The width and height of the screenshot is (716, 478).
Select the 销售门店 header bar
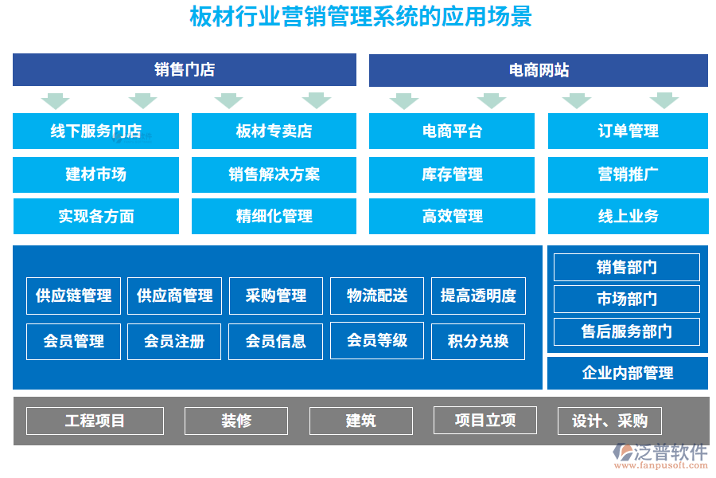point(185,70)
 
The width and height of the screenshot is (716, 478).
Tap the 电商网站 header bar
point(539,70)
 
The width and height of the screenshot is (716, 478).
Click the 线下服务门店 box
point(96,131)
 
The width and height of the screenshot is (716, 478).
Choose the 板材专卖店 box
point(274,131)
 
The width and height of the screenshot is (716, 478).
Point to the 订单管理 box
point(628,131)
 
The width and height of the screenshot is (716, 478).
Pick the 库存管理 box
point(452,174)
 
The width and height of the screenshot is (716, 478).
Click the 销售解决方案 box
point(274,174)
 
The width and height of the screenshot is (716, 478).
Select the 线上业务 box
point(628,216)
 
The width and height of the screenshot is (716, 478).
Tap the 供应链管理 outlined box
point(74,296)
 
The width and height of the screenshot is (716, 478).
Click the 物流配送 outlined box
point(377,296)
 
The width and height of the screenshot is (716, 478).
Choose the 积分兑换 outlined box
point(478,341)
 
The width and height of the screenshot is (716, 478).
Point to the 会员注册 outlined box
point(174,341)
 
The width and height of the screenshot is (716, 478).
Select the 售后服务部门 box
point(627,331)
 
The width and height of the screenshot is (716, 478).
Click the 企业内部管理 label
point(628,373)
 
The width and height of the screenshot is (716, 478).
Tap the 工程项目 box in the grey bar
point(95,421)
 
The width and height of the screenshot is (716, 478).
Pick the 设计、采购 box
point(610,421)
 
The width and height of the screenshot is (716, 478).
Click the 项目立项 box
point(485,420)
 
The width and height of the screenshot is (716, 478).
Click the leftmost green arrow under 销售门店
point(56,100)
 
